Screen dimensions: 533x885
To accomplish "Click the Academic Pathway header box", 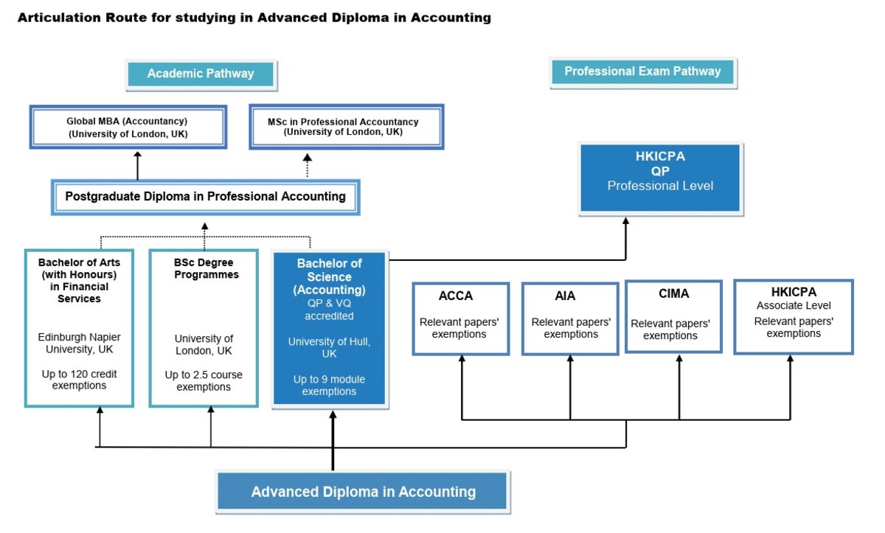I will click(200, 74).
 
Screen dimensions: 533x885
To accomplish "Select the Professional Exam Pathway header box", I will click(642, 72).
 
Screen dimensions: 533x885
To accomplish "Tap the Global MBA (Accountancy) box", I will click(128, 127).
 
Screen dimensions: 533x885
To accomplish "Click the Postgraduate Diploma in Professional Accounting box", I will click(205, 197).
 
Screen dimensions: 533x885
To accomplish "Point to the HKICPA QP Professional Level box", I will click(660, 178).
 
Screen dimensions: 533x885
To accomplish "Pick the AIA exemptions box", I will click(570, 318).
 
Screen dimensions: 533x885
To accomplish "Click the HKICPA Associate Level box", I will click(794, 316).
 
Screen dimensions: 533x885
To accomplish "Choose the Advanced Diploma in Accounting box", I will click(363, 492).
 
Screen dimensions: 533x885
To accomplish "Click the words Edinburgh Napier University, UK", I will click(79, 343).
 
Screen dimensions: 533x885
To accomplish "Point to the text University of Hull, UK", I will click(329, 348).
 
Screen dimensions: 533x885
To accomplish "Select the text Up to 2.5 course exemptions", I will click(204, 381).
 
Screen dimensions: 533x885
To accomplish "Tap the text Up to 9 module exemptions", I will click(329, 386).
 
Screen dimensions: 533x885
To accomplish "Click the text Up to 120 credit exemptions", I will click(79, 380).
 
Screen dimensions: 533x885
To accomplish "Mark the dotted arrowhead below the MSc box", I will click(308, 158).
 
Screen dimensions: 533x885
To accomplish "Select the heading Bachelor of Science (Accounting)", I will click(329, 276).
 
